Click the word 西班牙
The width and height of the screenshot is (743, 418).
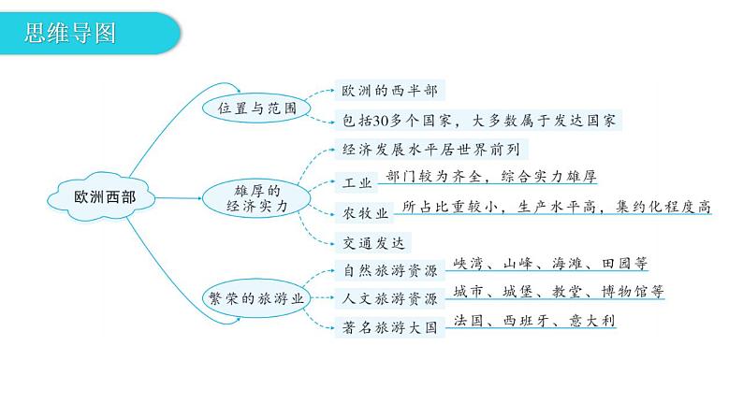point(530,321)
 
